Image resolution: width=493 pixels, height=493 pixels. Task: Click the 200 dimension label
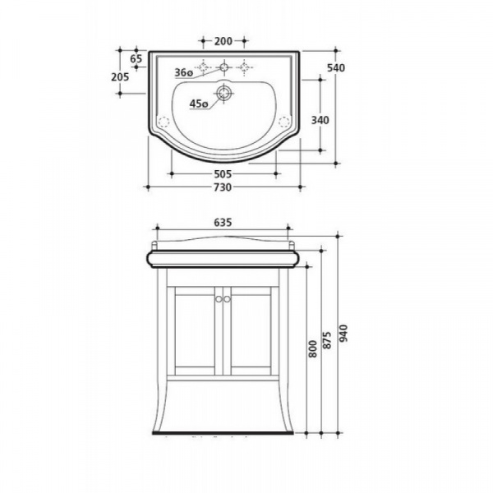tap(223, 41)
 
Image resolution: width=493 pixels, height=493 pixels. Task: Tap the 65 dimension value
tap(136, 58)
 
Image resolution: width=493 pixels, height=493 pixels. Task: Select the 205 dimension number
tap(120, 76)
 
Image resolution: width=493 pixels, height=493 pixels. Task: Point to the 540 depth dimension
tap(336, 67)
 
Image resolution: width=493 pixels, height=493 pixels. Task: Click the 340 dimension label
tap(320, 120)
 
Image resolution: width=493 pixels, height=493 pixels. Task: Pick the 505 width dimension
tap(223, 174)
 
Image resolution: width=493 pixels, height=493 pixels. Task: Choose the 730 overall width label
tap(223, 187)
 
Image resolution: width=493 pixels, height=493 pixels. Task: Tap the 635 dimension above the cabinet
tap(223, 223)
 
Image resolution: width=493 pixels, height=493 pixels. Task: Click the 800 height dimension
tap(313, 348)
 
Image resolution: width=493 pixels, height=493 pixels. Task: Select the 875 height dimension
tap(327, 340)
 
